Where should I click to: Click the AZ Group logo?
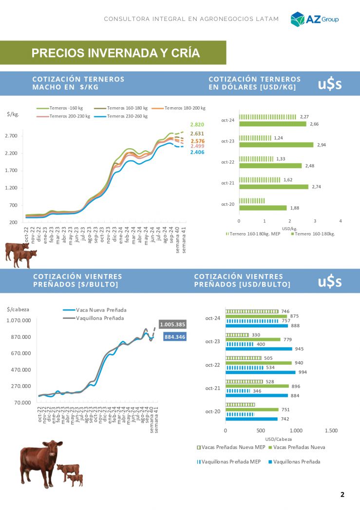pos(314,19)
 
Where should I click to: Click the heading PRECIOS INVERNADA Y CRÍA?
pos(115,53)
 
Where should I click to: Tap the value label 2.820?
pos(197,125)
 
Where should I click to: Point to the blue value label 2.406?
pos(197,153)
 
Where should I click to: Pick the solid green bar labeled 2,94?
pos(276,145)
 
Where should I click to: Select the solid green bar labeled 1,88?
pos(263,208)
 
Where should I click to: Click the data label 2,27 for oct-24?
pos(304,117)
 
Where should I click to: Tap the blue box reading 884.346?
pos(174,336)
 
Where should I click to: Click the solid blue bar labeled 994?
pos(260,372)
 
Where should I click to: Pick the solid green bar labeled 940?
pos(258,363)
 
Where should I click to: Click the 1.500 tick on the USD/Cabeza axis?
pos(331,431)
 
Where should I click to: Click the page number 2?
pos(342,494)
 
